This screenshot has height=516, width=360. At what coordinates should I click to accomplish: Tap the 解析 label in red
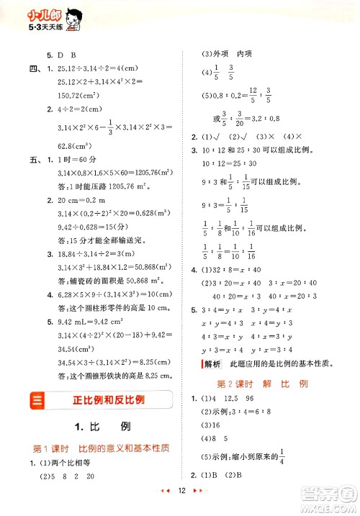click(212, 363)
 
